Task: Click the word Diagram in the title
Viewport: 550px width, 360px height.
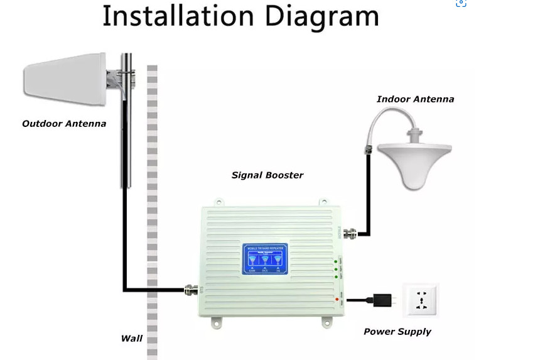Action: coord(321,18)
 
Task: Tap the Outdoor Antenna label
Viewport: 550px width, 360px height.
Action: coord(64,124)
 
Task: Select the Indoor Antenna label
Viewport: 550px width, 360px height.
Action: coord(415,99)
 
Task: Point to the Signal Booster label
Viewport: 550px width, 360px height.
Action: coord(267,175)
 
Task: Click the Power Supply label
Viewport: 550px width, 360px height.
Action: coord(397,332)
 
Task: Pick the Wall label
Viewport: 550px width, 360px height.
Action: coord(132,339)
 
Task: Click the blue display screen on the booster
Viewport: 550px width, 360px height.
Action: coord(265,259)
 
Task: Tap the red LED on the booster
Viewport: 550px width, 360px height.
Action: coord(337,300)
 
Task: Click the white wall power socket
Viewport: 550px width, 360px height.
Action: coord(421,300)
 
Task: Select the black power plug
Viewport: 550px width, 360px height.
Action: coord(381,300)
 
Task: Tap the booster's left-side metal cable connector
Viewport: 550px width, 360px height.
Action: coord(191,290)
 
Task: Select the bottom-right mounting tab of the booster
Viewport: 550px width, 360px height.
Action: coord(327,322)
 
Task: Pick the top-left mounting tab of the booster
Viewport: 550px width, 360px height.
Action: coord(218,202)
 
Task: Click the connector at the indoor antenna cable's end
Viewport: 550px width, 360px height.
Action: coord(369,150)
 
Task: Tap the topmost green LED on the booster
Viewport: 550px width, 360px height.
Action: coord(337,261)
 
